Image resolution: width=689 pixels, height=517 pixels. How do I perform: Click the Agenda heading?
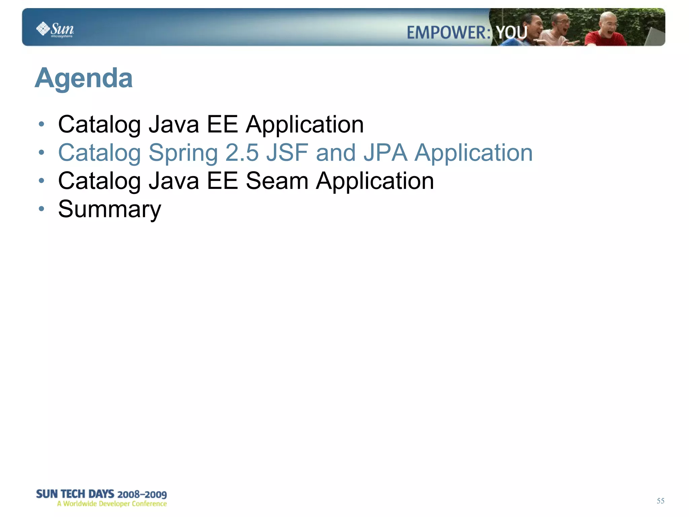(84, 78)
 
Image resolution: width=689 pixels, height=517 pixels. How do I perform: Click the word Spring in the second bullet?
(183, 153)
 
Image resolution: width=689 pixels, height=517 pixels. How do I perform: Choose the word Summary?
(110, 209)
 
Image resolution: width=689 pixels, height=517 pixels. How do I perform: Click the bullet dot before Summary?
(41, 209)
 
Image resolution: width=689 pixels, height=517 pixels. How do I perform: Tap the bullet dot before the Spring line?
(41, 153)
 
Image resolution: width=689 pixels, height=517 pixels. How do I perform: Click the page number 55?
(660, 501)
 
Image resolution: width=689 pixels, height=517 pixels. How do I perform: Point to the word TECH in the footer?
(73, 494)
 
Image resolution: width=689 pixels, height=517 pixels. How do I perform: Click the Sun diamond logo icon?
(43, 29)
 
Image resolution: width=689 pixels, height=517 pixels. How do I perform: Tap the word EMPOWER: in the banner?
(448, 33)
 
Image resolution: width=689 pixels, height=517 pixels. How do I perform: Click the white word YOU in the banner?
(512, 33)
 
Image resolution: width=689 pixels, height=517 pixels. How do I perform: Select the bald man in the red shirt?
(606, 30)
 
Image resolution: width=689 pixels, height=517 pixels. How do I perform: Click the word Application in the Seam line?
(375, 181)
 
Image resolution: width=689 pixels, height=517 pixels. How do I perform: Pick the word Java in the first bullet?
(174, 125)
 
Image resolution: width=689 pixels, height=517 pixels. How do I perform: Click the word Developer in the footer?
(114, 504)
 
